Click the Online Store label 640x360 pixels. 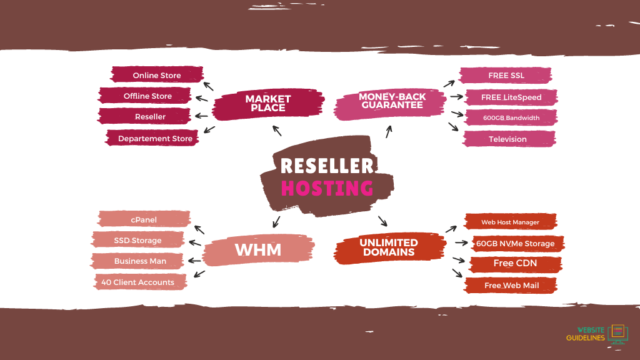point(157,76)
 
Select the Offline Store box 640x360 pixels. point(147,96)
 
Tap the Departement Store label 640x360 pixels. point(155,139)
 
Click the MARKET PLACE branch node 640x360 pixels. point(268,103)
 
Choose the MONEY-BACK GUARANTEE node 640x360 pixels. point(392,101)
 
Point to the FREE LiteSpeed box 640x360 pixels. point(511,97)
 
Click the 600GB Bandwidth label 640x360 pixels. point(511,118)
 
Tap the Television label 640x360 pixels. point(507,139)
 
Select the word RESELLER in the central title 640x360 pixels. point(327,166)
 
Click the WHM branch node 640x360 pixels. point(257,250)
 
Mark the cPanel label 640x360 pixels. point(144,220)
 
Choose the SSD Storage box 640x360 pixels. point(137,241)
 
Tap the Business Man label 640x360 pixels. point(140,261)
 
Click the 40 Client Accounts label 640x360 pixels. point(137,282)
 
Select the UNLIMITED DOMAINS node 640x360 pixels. point(388,247)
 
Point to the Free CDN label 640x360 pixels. point(515,264)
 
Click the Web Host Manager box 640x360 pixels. point(510,222)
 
